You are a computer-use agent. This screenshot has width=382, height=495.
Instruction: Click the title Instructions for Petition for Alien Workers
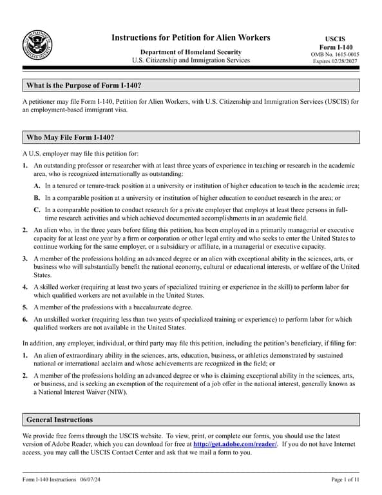tap(191, 37)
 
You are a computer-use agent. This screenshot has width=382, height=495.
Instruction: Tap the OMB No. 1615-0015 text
tap(334, 54)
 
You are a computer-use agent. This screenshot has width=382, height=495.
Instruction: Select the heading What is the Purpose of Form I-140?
tap(84, 86)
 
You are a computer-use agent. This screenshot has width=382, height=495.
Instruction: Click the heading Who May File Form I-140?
tap(70, 137)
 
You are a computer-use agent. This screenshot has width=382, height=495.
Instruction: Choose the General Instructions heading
tap(59, 420)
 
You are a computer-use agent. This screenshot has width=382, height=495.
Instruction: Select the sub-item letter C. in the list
tap(37, 210)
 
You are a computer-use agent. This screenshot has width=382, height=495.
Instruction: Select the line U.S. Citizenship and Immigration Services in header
tap(191, 61)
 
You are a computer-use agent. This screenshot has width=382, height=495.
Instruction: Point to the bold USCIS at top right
tap(334, 39)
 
